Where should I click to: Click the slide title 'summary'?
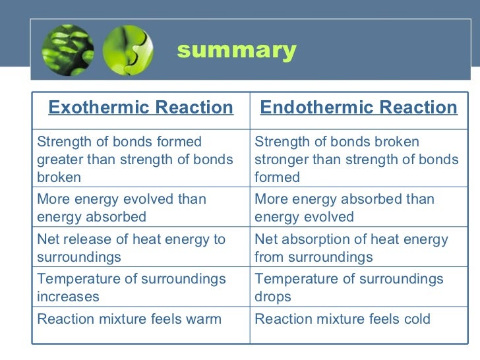point(237,50)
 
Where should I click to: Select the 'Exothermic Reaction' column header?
point(141,107)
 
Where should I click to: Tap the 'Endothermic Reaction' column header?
point(359,107)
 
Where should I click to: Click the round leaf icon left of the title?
point(127,50)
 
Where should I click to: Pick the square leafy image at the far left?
point(67,50)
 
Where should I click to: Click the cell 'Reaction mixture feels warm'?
point(129,320)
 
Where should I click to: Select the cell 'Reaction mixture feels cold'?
point(342,320)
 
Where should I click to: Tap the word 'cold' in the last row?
point(415,320)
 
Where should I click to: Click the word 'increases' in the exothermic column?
point(69,297)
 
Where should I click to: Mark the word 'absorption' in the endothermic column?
point(315,239)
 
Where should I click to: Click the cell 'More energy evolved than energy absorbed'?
point(122,208)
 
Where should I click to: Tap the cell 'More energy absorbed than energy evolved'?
point(344,208)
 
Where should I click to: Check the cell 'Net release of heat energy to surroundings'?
point(131,248)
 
